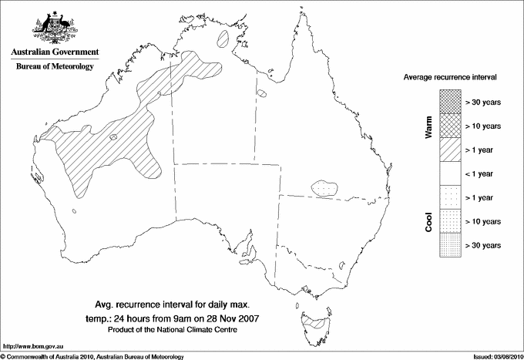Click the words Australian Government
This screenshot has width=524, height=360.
point(54,52)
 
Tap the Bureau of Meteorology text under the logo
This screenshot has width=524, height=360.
point(54,67)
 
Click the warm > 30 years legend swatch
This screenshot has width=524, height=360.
point(450,102)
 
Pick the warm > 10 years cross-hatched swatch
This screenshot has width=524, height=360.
point(450,126)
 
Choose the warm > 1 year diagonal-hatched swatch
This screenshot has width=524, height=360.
point(450,150)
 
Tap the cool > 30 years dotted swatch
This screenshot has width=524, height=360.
point(450,245)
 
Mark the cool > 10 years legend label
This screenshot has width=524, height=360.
point(483,221)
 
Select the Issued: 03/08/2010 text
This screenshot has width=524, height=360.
point(496,355)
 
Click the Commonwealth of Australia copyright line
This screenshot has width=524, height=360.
point(92,355)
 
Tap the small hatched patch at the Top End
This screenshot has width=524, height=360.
point(225,36)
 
